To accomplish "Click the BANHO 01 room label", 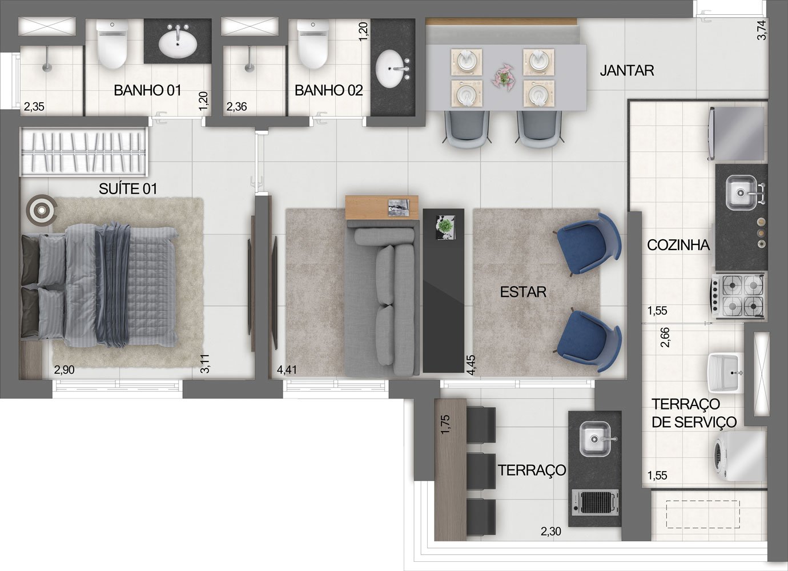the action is point(147,90).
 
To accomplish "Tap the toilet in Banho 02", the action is point(313,43).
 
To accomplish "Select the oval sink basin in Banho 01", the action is point(178,45).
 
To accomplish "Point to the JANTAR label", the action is point(627,71).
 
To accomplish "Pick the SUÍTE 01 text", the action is point(128,189).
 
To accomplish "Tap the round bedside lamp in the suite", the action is point(42,210).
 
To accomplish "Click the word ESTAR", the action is point(523,292).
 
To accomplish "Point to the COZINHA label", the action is point(678,245).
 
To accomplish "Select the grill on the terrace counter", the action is point(595,502).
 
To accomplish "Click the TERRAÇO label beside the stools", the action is point(532,470).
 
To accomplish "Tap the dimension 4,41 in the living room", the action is point(287,370).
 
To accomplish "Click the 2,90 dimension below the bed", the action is point(64,370).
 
